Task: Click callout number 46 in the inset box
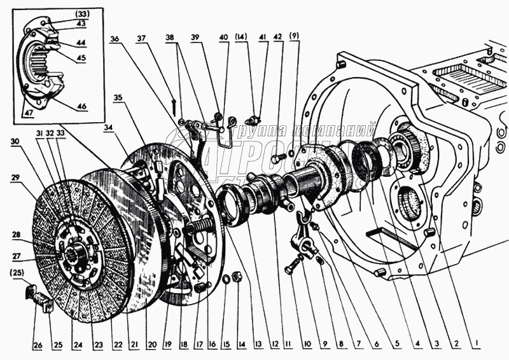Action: click(x=81, y=105)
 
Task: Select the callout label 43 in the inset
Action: click(x=81, y=23)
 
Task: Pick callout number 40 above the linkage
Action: click(x=223, y=38)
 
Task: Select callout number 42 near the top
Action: click(x=277, y=38)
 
